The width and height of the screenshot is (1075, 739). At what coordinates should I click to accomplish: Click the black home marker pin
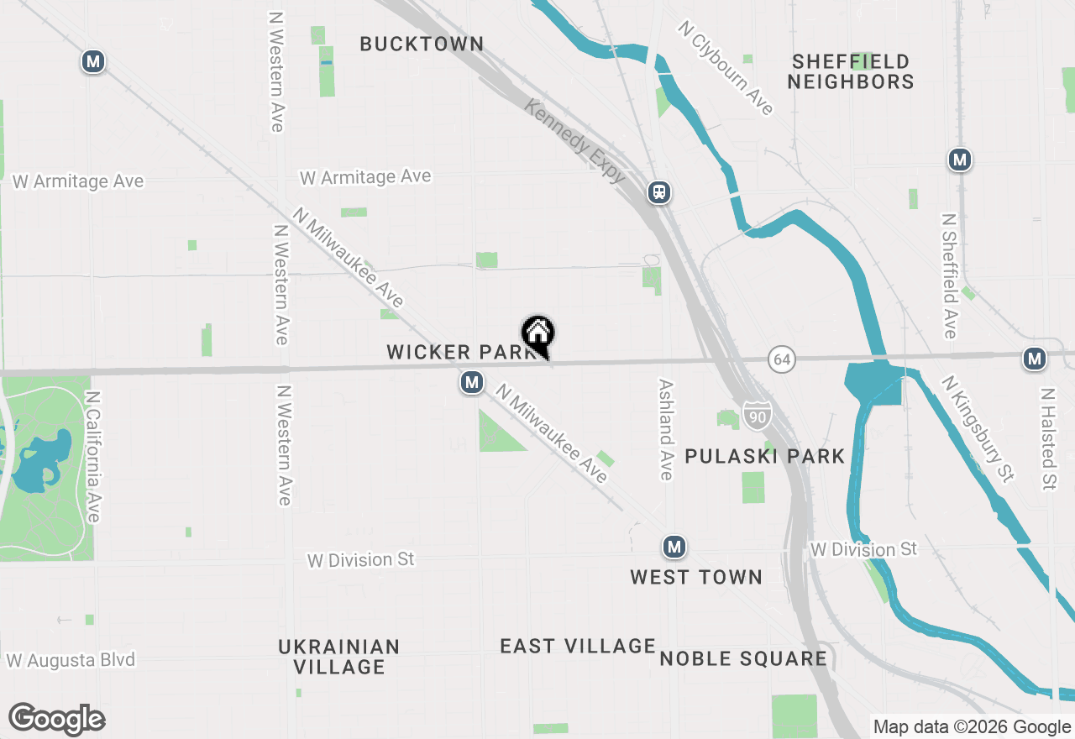pos(538,333)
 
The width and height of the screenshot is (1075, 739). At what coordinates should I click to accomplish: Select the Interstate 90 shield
pos(756,416)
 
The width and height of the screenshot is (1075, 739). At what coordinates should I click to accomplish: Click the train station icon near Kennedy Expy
pos(659,193)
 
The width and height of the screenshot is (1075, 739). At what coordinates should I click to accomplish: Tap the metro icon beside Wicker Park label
pos(471,383)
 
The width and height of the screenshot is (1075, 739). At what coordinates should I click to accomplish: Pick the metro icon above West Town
pos(674,548)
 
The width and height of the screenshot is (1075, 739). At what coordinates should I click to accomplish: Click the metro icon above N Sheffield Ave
pos(960,160)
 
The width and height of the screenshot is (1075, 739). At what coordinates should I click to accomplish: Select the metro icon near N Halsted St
pos(1034,359)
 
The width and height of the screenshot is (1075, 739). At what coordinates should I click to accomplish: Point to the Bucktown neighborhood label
pos(422,44)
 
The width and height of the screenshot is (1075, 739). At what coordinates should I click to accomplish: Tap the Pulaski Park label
pos(764,456)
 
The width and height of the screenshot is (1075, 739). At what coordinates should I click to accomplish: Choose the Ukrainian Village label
pos(339,657)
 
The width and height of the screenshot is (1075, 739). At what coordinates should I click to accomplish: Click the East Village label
pos(578,646)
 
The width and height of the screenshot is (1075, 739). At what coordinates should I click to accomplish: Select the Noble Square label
pos(743,658)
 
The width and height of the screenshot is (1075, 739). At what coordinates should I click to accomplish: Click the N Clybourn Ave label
pos(726,68)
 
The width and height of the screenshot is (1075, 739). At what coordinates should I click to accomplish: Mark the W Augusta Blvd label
pos(71,660)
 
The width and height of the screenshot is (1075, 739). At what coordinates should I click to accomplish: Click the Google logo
pos(56,720)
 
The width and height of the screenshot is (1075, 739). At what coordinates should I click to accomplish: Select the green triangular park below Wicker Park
pos(496,433)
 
